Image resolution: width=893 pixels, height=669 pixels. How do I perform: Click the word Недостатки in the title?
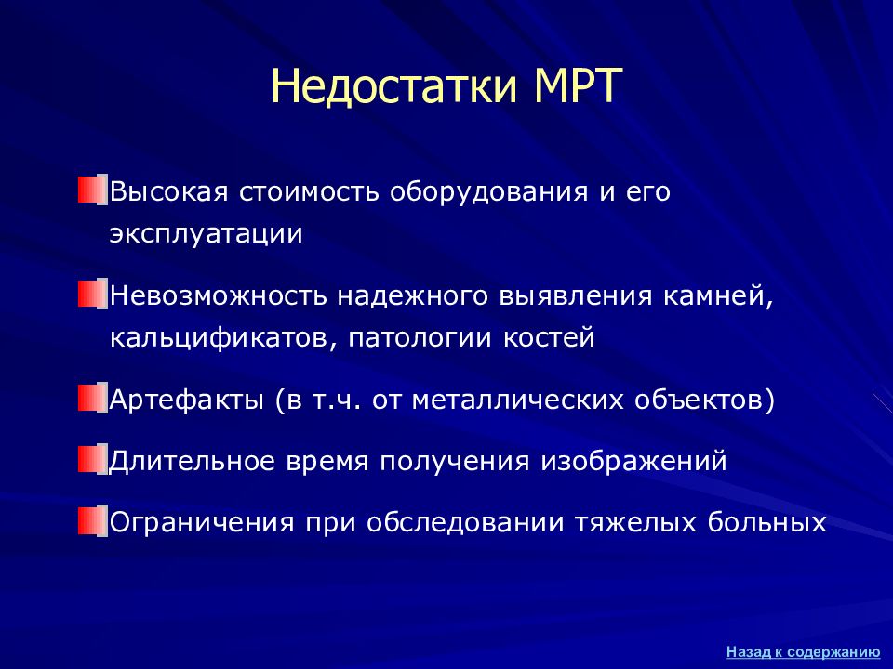394,87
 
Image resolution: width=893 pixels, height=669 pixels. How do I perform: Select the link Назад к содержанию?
804,652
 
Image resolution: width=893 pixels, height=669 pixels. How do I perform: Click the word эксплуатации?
207,234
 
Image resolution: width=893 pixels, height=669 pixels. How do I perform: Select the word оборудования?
488,191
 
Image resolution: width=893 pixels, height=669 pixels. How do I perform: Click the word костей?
549,338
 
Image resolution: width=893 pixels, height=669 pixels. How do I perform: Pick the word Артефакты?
186,400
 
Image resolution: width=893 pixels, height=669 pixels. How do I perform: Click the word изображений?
633,461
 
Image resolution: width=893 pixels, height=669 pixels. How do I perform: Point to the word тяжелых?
635,523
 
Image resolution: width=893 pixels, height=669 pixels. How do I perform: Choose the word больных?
766,522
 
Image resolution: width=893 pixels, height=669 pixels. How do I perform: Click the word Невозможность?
218,295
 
